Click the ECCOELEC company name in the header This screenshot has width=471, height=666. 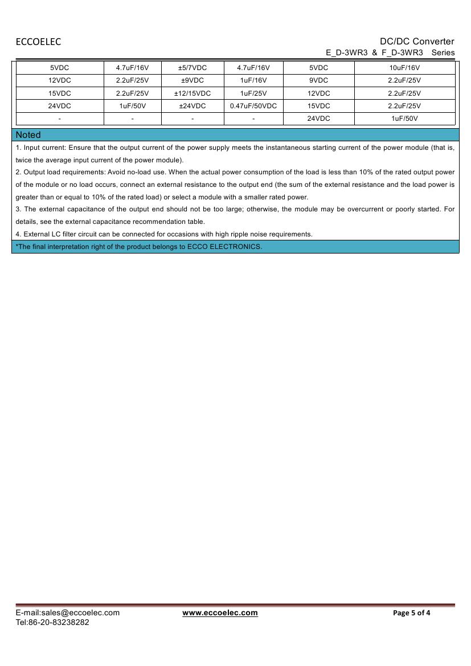tap(38, 42)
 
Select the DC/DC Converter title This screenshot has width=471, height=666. tap(417, 41)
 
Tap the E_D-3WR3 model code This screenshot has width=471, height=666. tap(347, 52)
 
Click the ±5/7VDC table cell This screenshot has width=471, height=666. tap(193, 68)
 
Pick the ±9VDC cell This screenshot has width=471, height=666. tap(193, 80)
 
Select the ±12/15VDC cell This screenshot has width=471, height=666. tap(193, 93)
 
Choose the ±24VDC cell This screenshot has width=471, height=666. tap(193, 106)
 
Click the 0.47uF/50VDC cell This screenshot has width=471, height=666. tap(253, 106)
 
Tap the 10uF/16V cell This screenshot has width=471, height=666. tap(404, 68)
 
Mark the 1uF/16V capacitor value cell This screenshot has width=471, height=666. tap(253, 80)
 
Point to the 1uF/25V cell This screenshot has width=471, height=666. tap(253, 93)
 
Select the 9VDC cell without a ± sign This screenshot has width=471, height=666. tap(319, 80)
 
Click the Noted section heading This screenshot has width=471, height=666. tap(28, 135)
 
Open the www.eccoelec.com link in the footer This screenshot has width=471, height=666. tap(220, 613)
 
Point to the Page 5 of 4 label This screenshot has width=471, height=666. tap(412, 613)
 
